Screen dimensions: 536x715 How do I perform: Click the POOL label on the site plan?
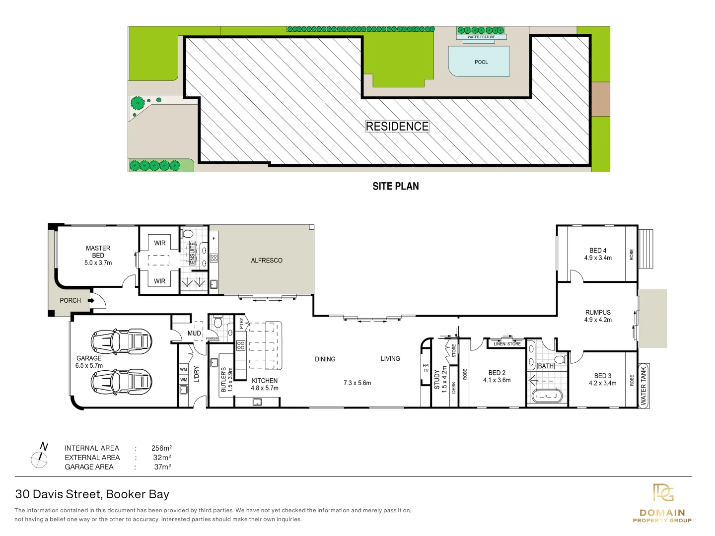point(481,62)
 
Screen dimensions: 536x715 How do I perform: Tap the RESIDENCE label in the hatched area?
point(397,127)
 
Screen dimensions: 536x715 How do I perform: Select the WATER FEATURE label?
point(481,37)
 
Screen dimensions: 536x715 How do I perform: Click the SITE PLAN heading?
point(396,186)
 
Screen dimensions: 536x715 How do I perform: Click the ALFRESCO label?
point(267,261)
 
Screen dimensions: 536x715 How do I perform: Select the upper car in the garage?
point(121,341)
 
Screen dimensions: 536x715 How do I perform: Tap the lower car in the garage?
point(121,382)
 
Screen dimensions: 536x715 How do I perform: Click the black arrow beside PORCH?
point(91,300)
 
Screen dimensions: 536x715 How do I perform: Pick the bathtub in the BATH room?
point(547,396)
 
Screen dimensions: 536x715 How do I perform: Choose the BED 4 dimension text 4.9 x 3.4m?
point(598,258)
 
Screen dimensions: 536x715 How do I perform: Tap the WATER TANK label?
point(643,386)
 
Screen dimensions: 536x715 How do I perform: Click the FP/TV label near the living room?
point(426,368)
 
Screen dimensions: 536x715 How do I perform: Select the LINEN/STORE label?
point(507,343)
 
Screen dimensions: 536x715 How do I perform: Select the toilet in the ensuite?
point(188,233)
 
